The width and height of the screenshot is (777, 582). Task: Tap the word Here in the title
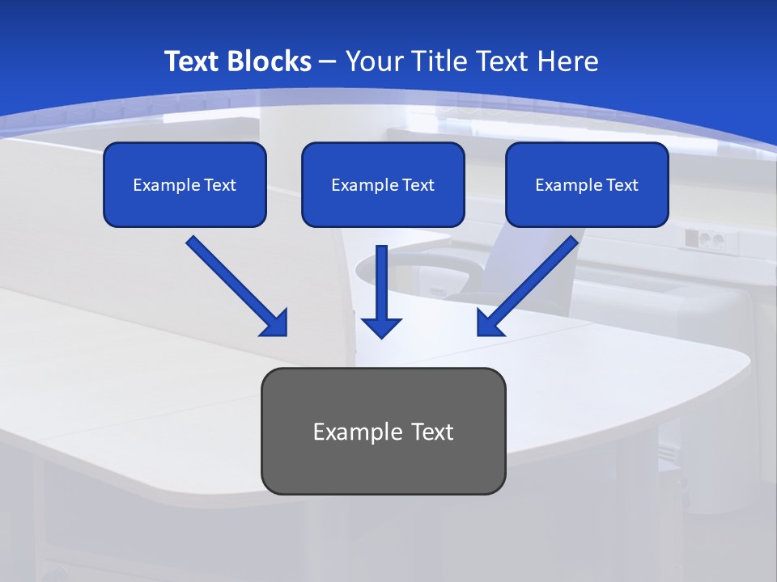coord(567,61)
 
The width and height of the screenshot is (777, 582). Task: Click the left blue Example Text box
coord(185,184)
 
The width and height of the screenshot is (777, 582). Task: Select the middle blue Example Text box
coord(383,184)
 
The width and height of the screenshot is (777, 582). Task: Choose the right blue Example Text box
coord(587,184)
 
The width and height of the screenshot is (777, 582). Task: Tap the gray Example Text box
coord(383,431)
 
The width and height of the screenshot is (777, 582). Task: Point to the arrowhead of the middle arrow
coord(381,327)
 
